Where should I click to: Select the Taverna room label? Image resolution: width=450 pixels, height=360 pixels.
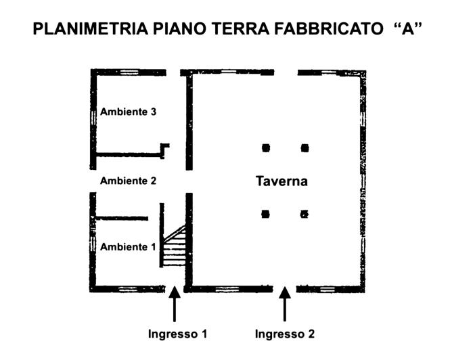(282, 181)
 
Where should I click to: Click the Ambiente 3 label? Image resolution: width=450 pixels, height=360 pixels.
(129, 112)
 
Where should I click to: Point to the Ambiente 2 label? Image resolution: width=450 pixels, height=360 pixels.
(129, 181)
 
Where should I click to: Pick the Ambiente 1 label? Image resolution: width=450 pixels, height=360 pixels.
(128, 247)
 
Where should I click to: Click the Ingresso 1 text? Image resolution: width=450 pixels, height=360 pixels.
(177, 334)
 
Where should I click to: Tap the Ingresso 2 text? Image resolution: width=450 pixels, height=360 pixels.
(284, 334)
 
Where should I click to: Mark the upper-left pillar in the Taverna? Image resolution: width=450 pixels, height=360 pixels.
(266, 147)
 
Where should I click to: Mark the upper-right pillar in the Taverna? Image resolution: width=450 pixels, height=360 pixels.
(305, 147)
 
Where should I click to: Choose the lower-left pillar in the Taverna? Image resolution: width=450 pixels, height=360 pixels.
(266, 214)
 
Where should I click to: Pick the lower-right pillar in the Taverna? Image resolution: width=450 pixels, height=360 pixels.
(305, 214)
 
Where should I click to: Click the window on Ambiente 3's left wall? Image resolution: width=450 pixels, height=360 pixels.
(93, 115)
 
